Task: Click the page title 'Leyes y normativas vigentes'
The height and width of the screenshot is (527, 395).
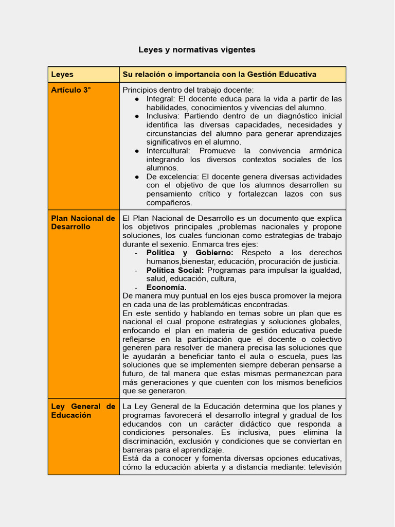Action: point(196,50)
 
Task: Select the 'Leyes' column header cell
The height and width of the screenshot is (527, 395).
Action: point(62,75)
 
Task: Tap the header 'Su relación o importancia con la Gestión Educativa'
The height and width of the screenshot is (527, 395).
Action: point(219,75)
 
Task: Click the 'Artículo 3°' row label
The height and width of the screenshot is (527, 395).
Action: point(71,90)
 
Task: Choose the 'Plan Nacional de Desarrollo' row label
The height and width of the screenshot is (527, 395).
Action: point(83,222)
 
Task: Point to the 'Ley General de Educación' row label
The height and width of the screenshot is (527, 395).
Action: point(83,411)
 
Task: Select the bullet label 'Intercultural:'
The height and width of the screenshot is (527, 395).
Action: point(168,151)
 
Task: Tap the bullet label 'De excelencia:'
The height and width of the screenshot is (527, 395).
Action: point(172,177)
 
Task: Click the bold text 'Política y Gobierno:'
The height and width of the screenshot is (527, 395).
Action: point(190,253)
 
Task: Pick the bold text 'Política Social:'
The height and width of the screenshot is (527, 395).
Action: point(175,270)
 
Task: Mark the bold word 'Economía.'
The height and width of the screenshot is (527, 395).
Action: point(166,287)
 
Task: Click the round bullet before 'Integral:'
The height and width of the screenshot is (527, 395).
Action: point(137,99)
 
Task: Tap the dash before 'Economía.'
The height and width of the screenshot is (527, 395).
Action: point(136,287)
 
